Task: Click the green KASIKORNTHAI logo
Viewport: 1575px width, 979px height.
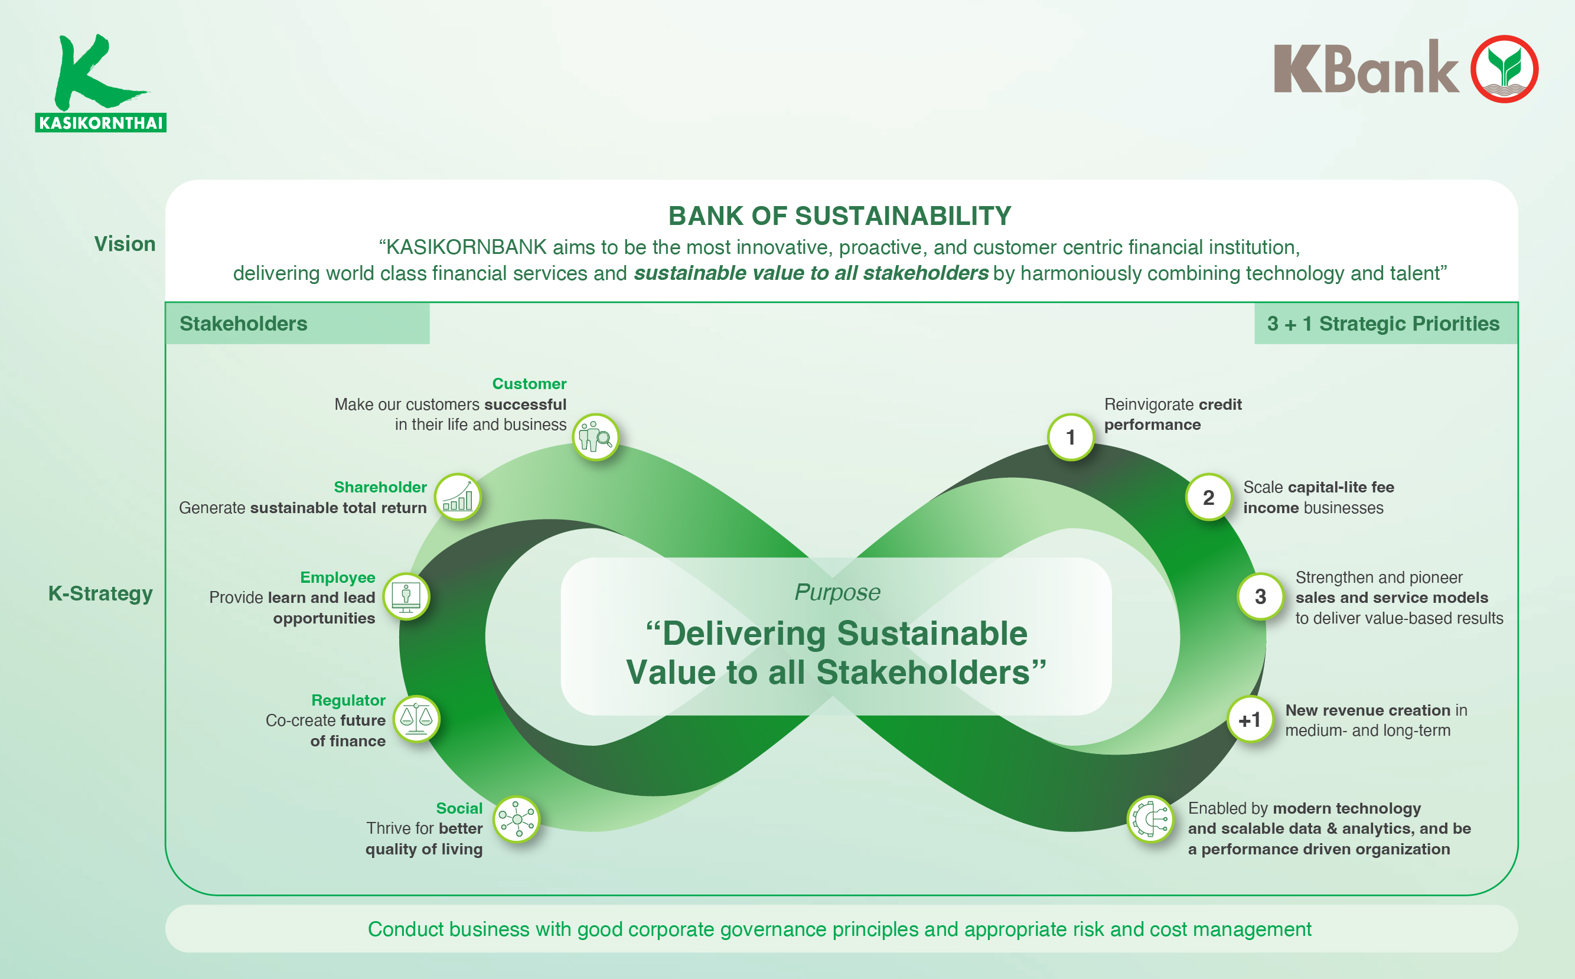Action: coord(100,83)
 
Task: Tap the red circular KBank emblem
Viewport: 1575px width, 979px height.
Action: coord(1504,69)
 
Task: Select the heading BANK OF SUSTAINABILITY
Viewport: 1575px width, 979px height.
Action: coord(839,216)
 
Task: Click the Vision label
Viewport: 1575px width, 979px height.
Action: coord(125,244)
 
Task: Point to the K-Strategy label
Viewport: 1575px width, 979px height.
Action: coord(100,593)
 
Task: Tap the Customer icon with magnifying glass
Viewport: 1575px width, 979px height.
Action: coord(595,437)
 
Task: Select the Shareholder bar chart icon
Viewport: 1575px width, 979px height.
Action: coord(458,497)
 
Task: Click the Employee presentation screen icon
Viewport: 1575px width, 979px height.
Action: coord(406,596)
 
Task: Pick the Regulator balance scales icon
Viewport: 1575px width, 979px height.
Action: coord(416,719)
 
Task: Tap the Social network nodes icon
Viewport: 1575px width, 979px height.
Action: coord(516,819)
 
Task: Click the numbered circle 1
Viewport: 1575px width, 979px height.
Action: coord(1071,437)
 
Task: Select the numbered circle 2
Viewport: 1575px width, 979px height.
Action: coord(1208,497)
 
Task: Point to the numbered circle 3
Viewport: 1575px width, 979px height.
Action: coord(1260,596)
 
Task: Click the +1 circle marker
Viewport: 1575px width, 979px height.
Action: coord(1250,719)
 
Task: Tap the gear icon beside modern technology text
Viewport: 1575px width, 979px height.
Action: coord(1150,819)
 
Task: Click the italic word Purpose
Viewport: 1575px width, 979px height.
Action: coord(837,592)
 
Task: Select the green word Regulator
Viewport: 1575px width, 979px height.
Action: coord(348,700)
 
